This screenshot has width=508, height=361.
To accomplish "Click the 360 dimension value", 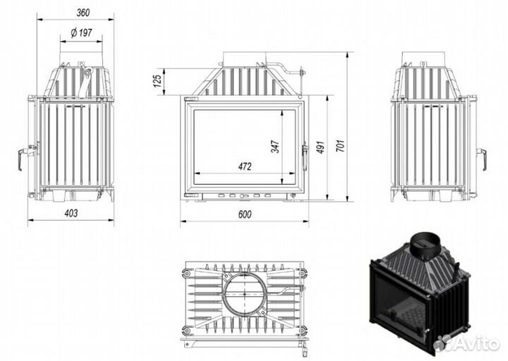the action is pyautogui.click(x=83, y=13).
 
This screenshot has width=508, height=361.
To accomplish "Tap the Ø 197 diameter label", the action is pyautogui.click(x=81, y=32).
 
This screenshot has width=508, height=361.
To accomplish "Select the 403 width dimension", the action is pyautogui.click(x=71, y=213).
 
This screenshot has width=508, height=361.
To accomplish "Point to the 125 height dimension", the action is pyautogui.click(x=157, y=81).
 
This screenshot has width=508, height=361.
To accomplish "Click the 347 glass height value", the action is pyautogui.click(x=275, y=147).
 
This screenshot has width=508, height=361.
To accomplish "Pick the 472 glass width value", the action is pyautogui.click(x=245, y=166).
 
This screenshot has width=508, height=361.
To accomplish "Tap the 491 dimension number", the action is pyautogui.click(x=320, y=147).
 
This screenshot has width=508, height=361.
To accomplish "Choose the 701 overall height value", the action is pyautogui.click(x=339, y=146).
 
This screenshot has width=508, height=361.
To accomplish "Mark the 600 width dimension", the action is pyautogui.click(x=245, y=214).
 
